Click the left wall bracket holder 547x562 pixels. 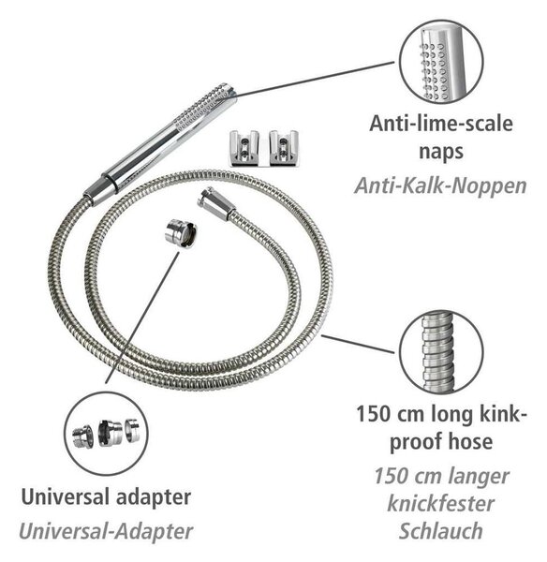(x=244, y=148)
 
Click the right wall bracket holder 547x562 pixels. (x=284, y=148)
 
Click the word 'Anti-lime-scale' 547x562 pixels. (x=441, y=124)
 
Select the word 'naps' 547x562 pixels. (x=441, y=152)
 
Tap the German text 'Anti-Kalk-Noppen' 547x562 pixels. (x=440, y=186)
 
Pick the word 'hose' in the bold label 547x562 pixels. (x=471, y=441)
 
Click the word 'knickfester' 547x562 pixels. (x=441, y=504)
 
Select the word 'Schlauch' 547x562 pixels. (x=441, y=531)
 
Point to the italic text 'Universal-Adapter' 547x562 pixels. (x=106, y=532)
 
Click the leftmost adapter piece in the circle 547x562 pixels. (x=82, y=436)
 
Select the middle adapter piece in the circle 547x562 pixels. (x=110, y=433)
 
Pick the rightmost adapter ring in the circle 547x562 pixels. (x=132, y=429)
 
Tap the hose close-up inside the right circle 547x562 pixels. (x=437, y=352)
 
